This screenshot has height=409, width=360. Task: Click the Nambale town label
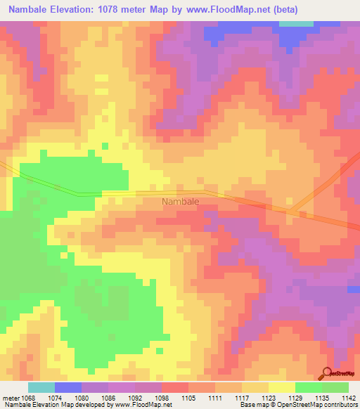[x=181, y=202]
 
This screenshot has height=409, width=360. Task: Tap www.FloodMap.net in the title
[x=221, y=10]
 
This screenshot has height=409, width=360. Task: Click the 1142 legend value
[x=348, y=397]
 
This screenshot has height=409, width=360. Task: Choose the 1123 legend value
[x=268, y=397]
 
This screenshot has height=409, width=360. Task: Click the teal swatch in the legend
[x=41, y=387]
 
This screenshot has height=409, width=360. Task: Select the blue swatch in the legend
[x=68, y=387]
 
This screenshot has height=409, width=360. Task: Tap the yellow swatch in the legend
[x=282, y=387]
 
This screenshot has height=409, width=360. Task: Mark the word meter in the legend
[x=10, y=397]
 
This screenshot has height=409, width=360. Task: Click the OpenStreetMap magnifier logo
[x=328, y=372]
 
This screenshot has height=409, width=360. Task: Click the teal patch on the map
[x=297, y=23]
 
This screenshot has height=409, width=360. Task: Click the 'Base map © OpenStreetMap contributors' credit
[x=297, y=405]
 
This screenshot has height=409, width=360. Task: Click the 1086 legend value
[x=107, y=397]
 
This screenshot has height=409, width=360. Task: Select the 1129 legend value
[x=295, y=397]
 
